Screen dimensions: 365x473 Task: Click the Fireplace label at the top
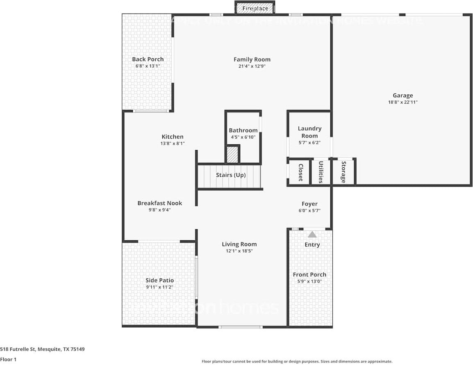255,8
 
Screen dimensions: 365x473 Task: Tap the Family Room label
252,59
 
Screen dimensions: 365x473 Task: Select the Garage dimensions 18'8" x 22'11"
403,103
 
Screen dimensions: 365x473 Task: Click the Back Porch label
148,59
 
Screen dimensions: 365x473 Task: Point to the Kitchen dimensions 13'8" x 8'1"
173,144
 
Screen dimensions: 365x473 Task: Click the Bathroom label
243,130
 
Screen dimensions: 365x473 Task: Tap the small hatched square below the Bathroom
232,155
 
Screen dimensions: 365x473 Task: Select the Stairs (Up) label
231,175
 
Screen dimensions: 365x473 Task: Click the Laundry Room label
309,132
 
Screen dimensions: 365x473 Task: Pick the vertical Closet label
300,172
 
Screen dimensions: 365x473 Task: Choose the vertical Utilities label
321,172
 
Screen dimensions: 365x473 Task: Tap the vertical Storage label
343,172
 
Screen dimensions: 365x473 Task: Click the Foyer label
309,204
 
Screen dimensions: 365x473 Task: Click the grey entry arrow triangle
312,235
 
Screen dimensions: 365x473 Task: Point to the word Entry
312,245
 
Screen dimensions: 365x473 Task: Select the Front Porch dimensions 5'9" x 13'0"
309,281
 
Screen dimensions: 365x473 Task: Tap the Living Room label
239,244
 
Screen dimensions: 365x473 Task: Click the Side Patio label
159,281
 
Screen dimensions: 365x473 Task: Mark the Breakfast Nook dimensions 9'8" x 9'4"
159,210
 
